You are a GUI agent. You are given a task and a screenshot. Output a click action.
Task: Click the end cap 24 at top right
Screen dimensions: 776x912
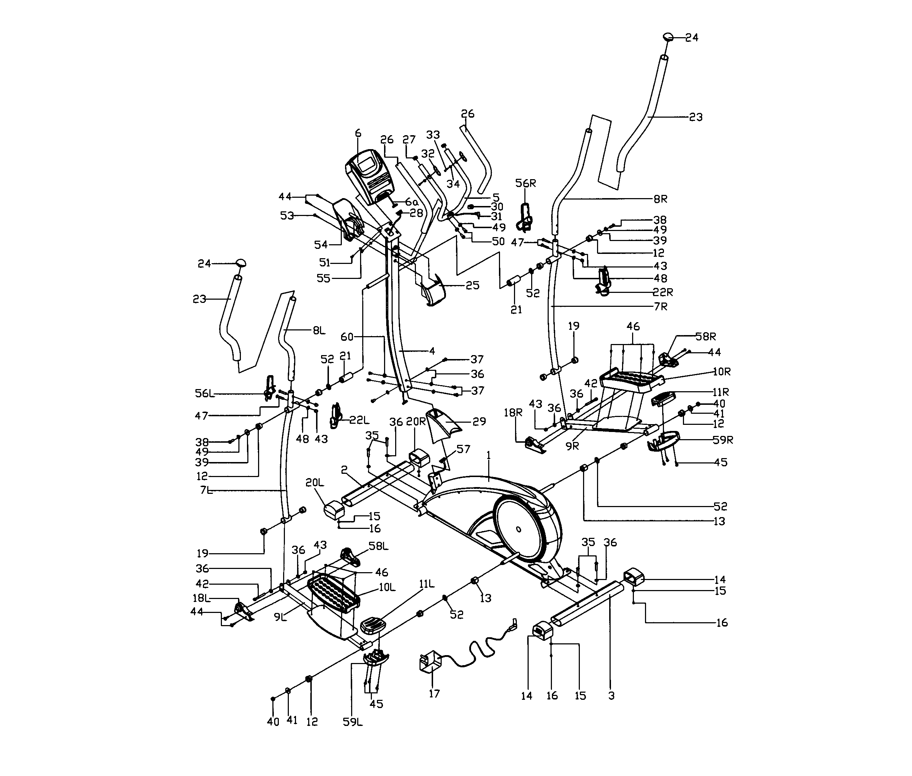coord(669,36)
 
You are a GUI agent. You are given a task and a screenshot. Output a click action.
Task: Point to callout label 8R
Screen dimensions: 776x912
coord(660,199)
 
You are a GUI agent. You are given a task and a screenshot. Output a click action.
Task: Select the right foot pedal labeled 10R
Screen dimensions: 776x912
coord(632,379)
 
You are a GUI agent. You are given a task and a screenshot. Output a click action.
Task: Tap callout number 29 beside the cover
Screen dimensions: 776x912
coord(479,422)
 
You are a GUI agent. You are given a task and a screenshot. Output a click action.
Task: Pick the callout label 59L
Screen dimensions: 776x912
coord(353,722)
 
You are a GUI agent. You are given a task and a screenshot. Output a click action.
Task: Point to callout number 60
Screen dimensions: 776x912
coord(347,337)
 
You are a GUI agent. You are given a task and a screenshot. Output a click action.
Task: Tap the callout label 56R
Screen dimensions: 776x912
coord(525,183)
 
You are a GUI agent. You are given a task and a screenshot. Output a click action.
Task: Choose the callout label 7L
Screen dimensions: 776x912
coord(207,490)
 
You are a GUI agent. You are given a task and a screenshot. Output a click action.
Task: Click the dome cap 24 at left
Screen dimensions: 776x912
coord(241,263)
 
